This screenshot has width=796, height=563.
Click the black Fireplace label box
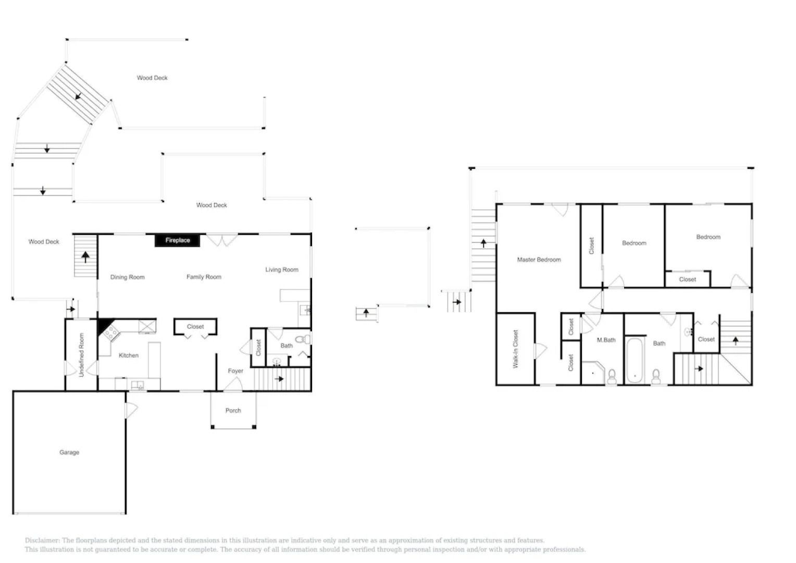177,240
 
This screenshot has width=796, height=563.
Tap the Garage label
69,452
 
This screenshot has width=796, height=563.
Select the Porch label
233,411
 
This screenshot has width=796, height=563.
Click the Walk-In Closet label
516,349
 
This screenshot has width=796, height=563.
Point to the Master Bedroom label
539,260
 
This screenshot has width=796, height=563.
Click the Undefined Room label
81,355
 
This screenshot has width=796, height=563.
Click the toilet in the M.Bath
612,376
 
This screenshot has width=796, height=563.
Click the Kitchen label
129,356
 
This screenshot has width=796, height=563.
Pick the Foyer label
235,371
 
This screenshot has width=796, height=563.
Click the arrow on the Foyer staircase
279,378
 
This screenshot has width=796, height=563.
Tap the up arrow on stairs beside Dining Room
85,256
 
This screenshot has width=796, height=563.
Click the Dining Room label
127,277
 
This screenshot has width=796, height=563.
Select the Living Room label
282,270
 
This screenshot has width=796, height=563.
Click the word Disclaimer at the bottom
42,541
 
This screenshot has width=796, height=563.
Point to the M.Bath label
606,340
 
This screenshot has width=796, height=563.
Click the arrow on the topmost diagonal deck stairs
78,96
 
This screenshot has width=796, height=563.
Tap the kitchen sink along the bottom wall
138,386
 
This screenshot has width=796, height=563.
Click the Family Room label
204,277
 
